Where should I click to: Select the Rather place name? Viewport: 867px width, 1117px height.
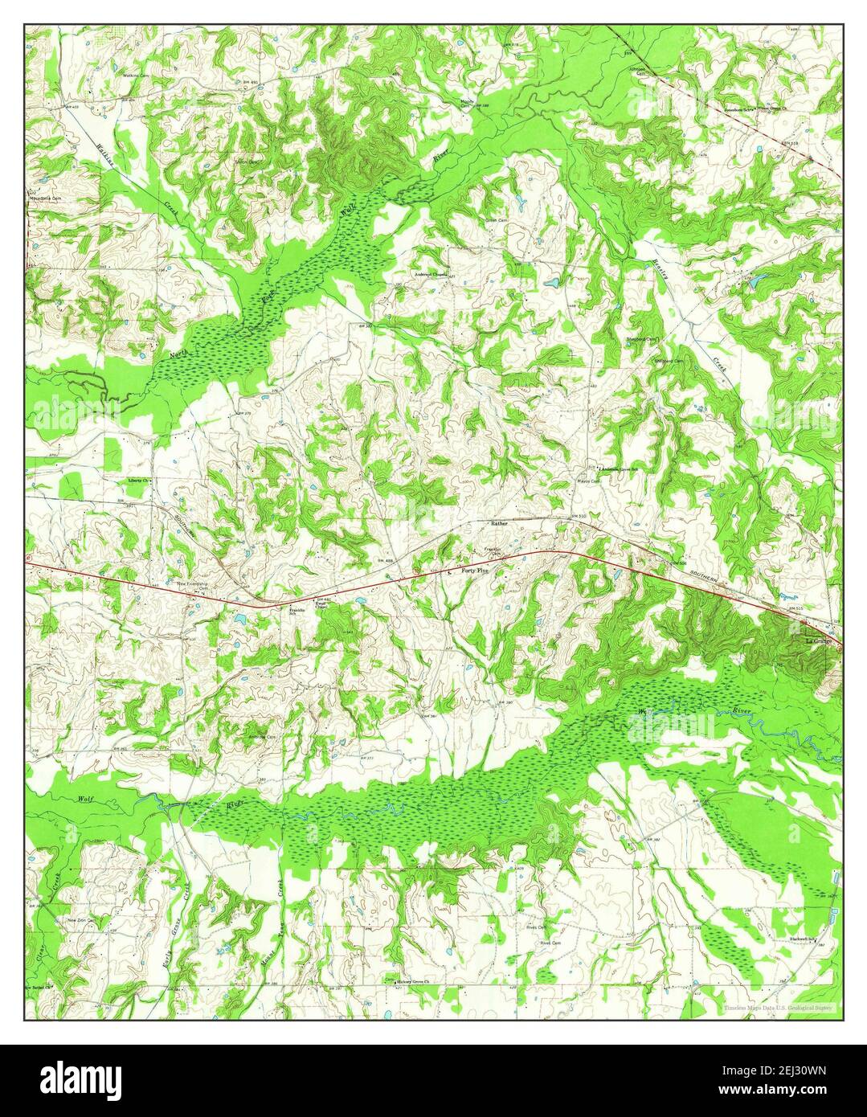pyautogui.click(x=500, y=523)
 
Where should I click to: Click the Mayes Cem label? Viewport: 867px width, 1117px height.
pyautogui.click(x=589, y=482)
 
